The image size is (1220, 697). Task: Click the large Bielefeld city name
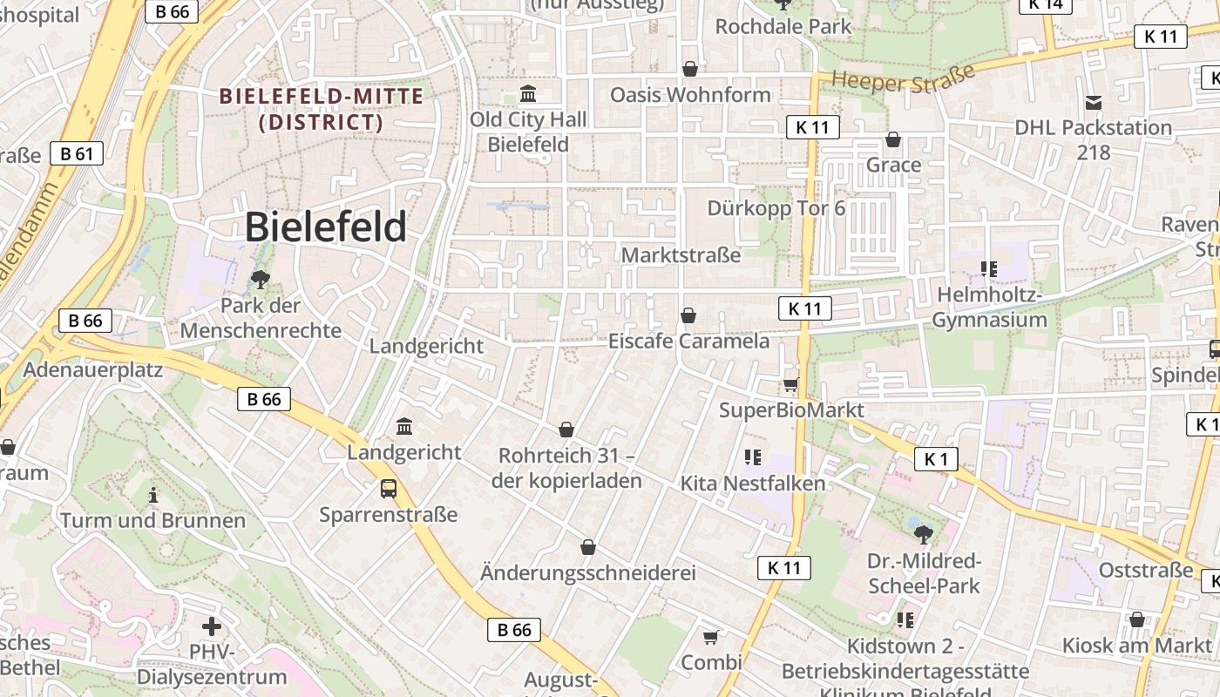(325, 227)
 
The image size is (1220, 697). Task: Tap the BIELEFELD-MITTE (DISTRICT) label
(322, 109)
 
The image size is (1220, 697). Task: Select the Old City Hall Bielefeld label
(528, 132)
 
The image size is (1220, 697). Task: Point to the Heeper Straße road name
(903, 78)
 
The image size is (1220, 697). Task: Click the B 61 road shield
(77, 154)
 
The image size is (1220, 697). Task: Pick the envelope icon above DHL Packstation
(1094, 103)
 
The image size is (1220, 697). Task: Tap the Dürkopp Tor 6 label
(776, 208)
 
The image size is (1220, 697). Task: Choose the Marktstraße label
(681, 255)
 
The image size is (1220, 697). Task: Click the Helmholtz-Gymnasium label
(989, 308)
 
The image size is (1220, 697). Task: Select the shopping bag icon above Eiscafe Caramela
(688, 315)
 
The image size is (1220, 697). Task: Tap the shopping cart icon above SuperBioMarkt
(790, 384)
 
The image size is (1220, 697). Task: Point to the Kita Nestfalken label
(752, 483)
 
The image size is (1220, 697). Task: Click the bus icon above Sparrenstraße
(389, 489)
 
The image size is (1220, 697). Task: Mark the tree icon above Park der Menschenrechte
(260, 280)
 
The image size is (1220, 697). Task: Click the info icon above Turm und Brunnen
(153, 495)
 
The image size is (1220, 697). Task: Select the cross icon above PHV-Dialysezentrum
(211, 626)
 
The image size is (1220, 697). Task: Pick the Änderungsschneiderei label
(588, 572)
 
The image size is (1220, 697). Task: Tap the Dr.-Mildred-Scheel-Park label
(924, 572)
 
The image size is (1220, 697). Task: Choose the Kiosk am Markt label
(1136, 646)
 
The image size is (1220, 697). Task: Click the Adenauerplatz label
(93, 369)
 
